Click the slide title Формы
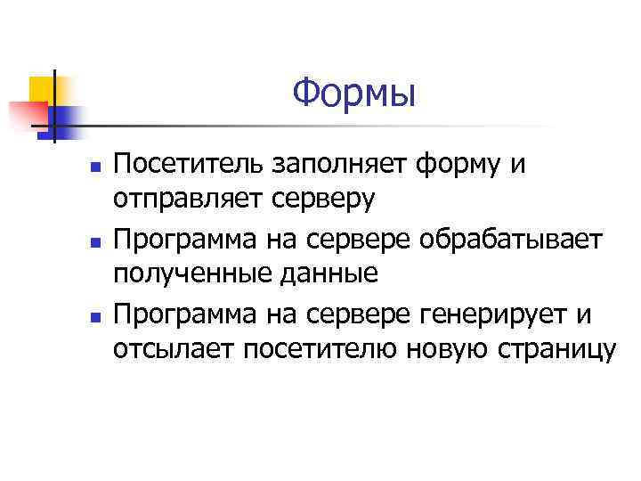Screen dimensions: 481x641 353,92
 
